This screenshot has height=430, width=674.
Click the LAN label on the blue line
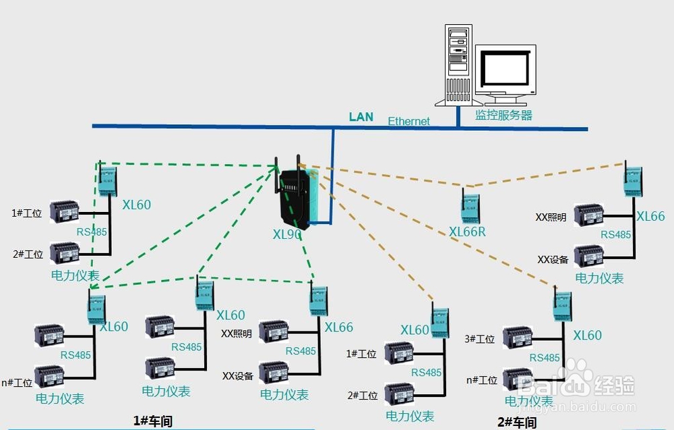(361, 117)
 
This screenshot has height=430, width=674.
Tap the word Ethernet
(408, 122)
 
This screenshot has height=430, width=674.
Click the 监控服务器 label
(503, 115)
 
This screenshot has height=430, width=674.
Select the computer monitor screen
(505, 68)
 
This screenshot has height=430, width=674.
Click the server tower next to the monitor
(458, 65)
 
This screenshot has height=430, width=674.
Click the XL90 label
(286, 234)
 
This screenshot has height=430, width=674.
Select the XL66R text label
(467, 232)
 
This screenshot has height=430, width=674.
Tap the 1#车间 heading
(153, 421)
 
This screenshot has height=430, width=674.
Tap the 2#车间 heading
(517, 423)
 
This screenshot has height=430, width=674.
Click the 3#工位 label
(480, 339)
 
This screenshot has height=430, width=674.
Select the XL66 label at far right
(650, 216)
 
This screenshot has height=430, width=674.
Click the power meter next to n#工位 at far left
(49, 376)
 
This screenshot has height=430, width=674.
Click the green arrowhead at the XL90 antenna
(274, 167)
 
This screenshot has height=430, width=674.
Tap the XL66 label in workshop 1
(339, 327)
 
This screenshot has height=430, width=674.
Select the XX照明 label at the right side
(551, 217)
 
